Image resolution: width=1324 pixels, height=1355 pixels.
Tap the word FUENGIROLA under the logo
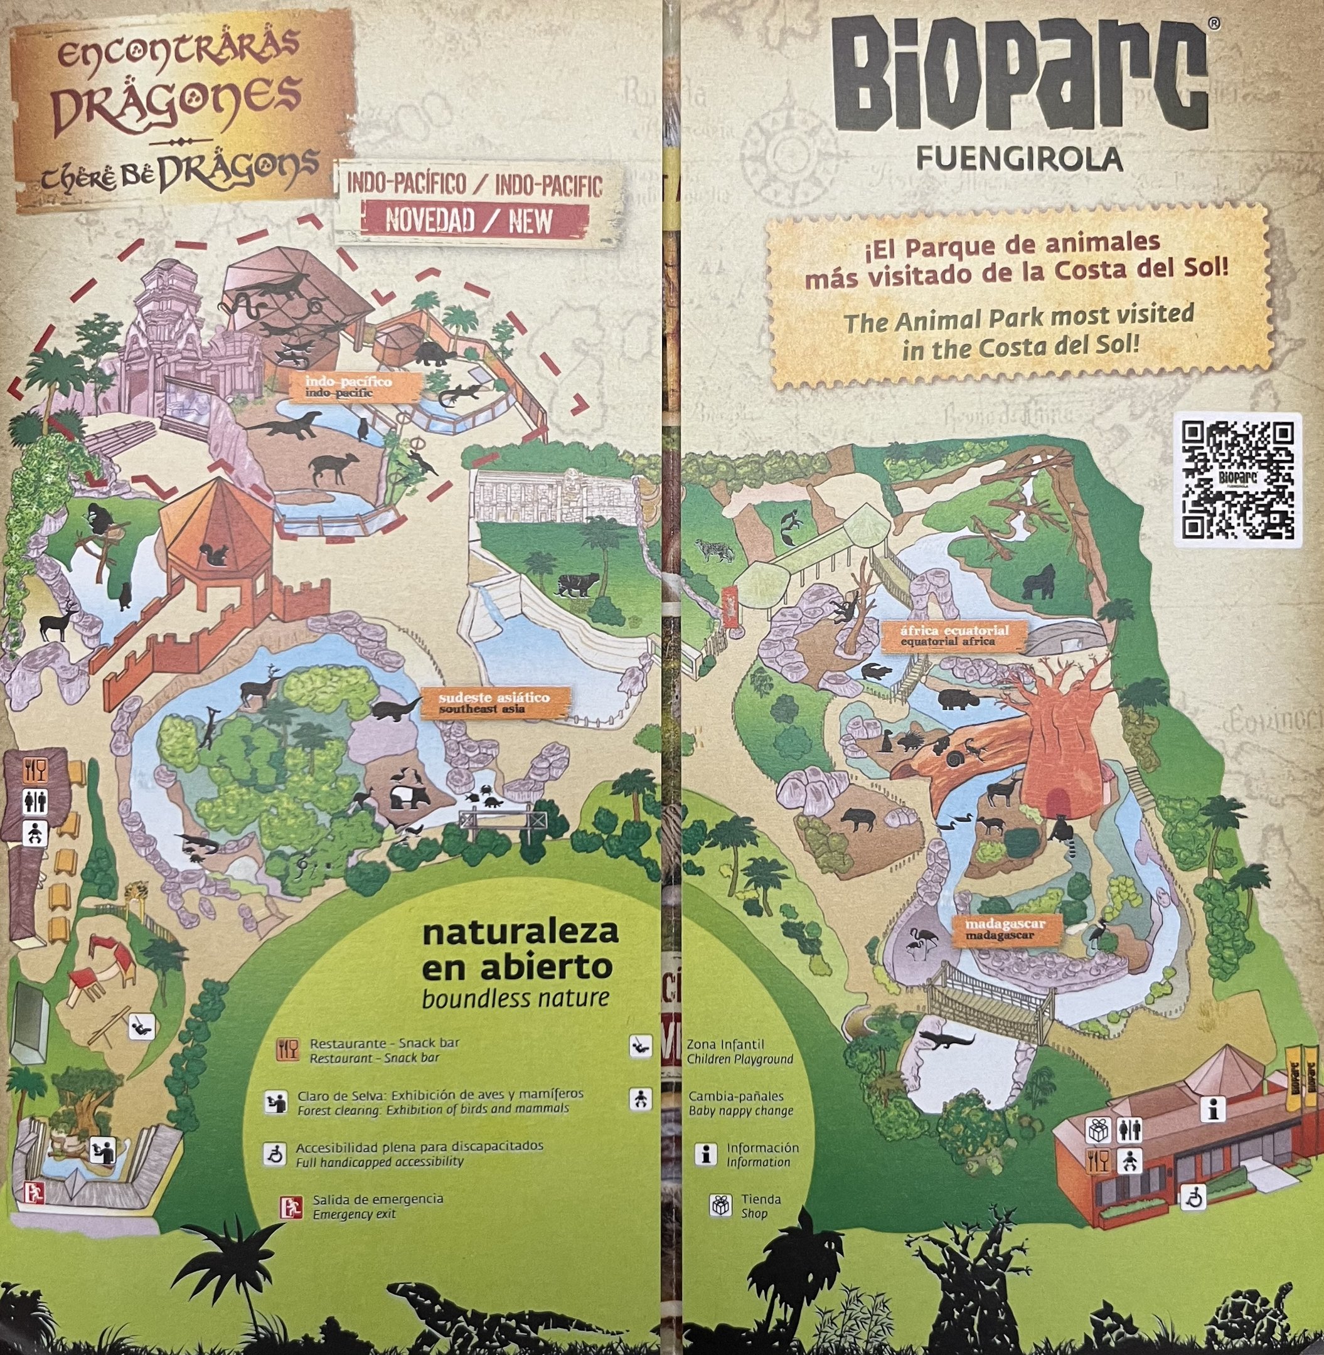(1019, 159)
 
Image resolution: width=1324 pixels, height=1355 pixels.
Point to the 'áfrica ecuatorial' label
(953, 635)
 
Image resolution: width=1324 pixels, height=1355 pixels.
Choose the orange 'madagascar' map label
(1005, 930)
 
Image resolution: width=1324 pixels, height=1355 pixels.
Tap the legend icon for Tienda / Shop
(720, 1205)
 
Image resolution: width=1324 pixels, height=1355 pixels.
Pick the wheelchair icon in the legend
(275, 1154)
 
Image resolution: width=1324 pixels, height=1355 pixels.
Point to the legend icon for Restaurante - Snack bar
(287, 1049)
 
